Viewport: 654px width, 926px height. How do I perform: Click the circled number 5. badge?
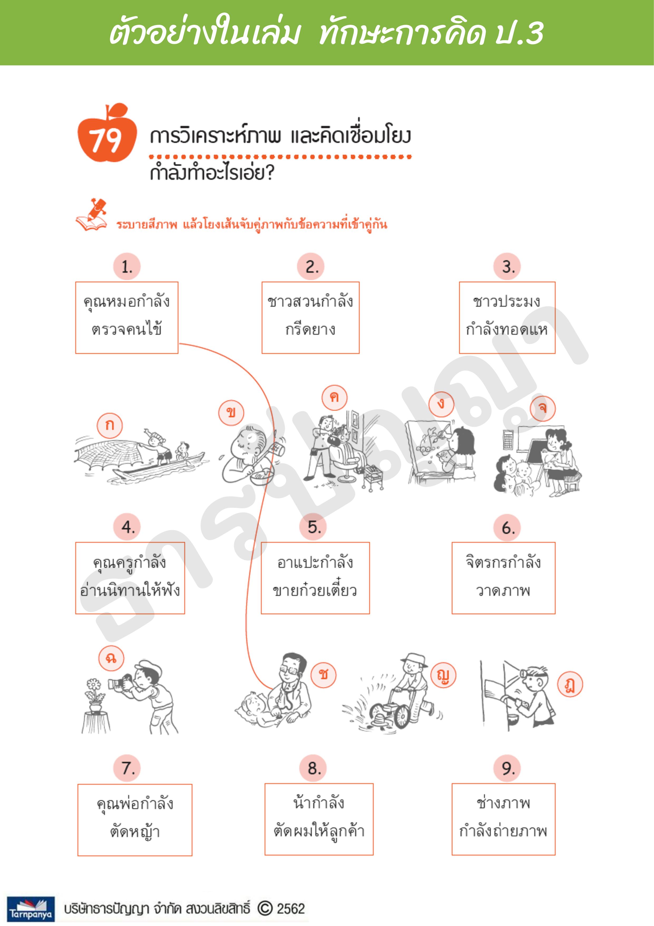click(313, 527)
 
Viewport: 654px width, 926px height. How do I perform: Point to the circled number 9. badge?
click(507, 768)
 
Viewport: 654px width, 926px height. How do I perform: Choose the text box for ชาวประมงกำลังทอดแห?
click(507, 317)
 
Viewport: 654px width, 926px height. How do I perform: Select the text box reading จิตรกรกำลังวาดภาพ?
click(503, 578)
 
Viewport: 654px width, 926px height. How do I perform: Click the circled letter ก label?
click(109, 425)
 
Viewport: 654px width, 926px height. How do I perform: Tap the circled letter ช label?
click(323, 674)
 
